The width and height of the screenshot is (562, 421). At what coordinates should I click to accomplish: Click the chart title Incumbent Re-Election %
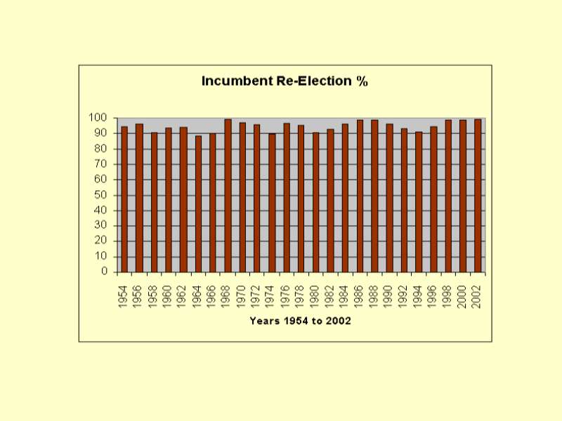[285, 81]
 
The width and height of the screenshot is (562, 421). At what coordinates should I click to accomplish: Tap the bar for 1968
[228, 196]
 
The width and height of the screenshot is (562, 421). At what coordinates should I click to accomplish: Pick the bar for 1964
[198, 203]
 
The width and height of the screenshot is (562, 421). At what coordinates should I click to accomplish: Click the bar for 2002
[478, 196]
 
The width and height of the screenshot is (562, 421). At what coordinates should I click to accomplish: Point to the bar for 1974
[272, 203]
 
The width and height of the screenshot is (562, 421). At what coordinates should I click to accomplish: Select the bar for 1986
[360, 196]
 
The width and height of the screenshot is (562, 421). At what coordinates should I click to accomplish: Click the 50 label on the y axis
[100, 194]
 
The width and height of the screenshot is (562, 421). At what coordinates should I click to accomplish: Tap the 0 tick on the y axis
[103, 272]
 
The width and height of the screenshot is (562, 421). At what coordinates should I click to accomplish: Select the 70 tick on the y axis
[100, 164]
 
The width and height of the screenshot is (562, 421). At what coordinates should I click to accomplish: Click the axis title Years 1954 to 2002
[300, 321]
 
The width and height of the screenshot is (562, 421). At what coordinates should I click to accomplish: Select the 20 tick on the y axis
[100, 241]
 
